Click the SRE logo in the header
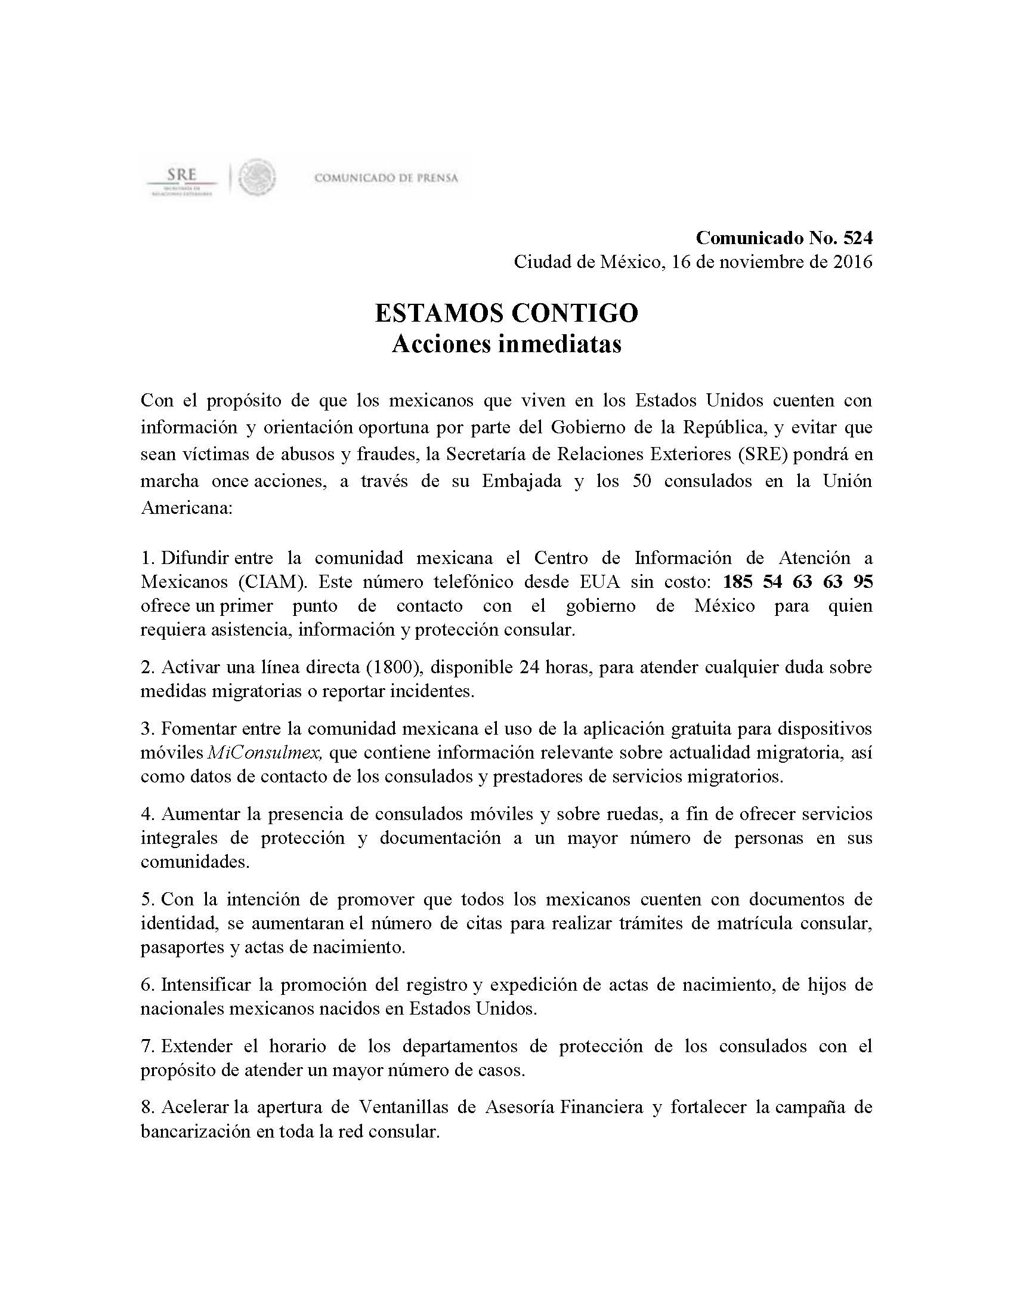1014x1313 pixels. coord(181,179)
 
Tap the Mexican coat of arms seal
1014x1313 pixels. coord(257,177)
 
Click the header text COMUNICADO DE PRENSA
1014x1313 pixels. coord(387,178)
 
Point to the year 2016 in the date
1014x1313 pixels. coord(848,262)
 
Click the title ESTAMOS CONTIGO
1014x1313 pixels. coord(506,313)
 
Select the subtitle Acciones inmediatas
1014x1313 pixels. coord(506,344)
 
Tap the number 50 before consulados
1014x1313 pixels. coord(642,481)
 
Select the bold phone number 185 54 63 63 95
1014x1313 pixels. coord(797,581)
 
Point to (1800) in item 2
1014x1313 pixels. coord(392,667)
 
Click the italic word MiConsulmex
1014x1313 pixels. coord(265,752)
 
